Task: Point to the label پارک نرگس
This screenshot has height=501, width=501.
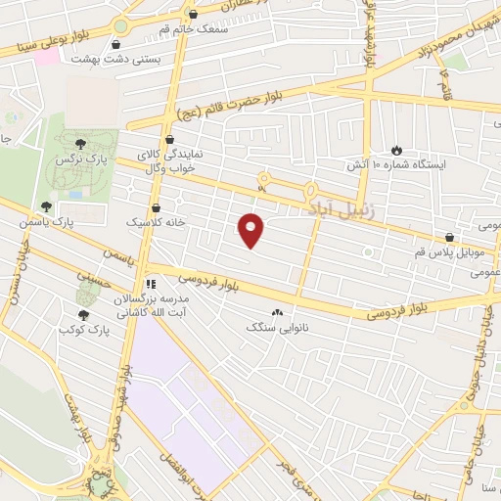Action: pyautogui.click(x=78, y=158)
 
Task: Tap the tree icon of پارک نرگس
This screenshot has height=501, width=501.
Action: pyautogui.click(x=92, y=144)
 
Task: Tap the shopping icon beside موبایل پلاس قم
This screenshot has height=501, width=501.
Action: pyautogui.click(x=449, y=237)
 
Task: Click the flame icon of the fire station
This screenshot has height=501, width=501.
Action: pyautogui.click(x=396, y=150)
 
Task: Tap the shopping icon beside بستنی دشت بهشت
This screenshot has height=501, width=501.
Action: pyautogui.click(x=117, y=44)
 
